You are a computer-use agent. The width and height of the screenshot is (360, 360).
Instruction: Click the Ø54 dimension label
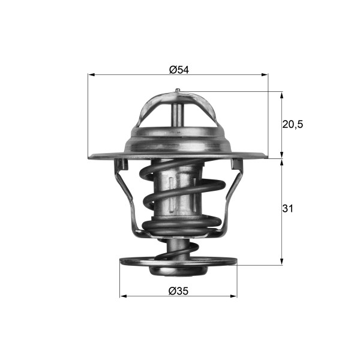[179, 70]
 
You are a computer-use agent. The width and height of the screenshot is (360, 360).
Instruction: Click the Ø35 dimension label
[179, 291]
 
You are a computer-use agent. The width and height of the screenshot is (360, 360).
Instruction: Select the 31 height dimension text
[288, 209]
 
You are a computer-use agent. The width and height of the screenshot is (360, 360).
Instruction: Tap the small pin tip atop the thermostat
[178, 91]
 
